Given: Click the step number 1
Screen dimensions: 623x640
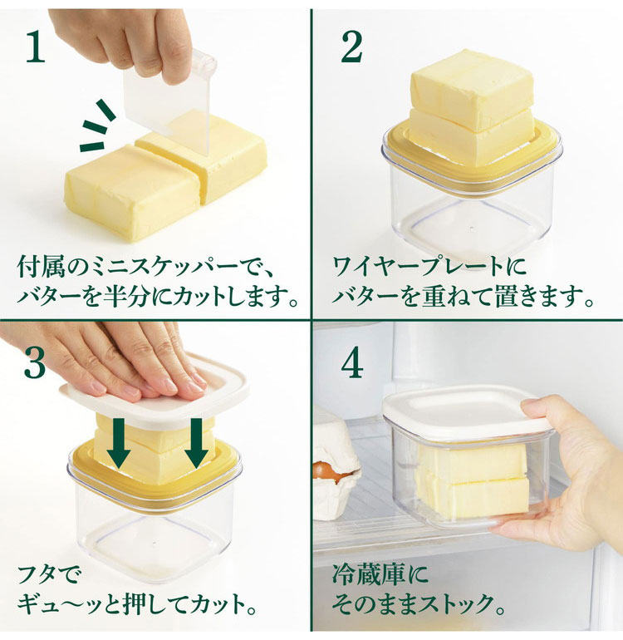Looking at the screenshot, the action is (35, 47).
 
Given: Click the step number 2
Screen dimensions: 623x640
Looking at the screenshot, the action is (351, 47).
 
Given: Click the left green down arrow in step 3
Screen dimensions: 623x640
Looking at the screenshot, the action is (119, 443).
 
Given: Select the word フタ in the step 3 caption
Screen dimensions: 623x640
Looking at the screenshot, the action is (37, 574).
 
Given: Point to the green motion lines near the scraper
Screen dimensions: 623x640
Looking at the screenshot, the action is (98, 126).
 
